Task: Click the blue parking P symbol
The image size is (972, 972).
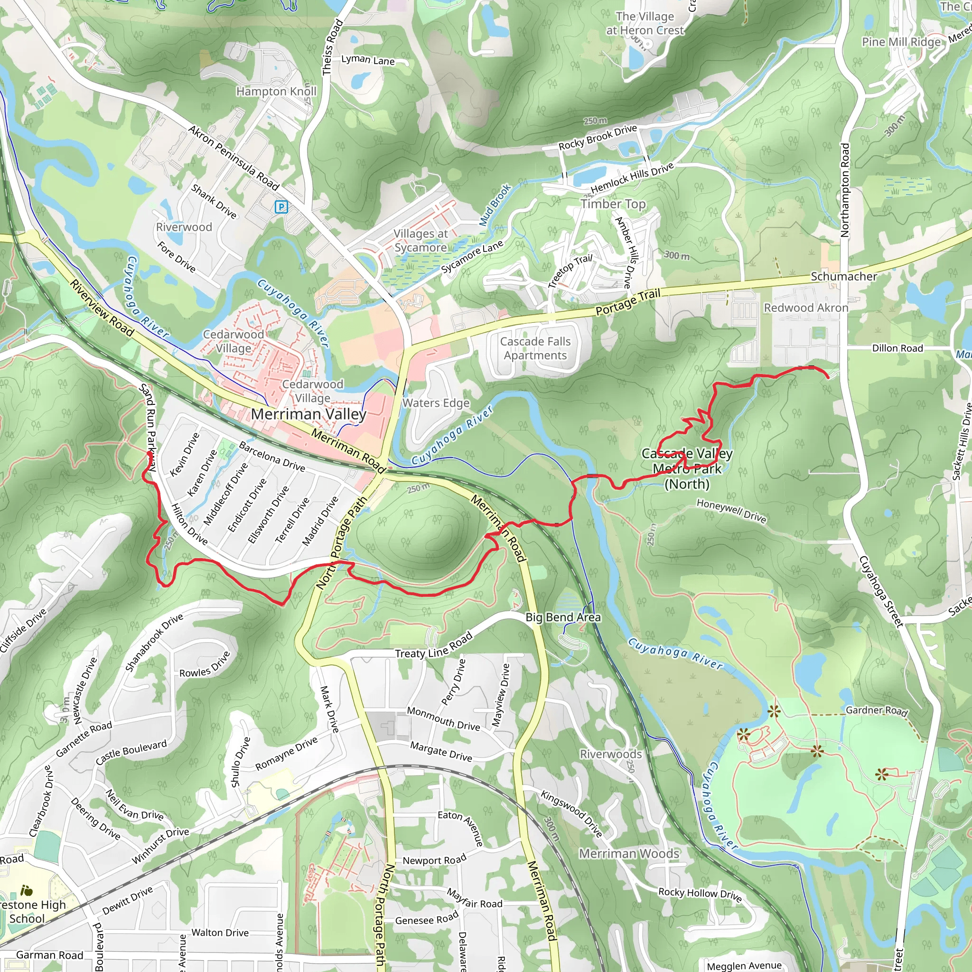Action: coord(281,207)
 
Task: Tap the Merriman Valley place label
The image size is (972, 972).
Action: coord(308,414)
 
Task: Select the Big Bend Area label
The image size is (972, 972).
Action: coord(563,617)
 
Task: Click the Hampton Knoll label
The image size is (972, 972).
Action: coord(276,92)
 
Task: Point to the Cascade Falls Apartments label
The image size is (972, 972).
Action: coord(535,348)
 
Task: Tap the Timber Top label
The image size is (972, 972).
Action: coord(613,204)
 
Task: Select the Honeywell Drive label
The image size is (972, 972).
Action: coord(731,511)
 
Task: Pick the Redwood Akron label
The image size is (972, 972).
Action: coord(805,308)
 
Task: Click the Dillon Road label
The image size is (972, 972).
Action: coord(897,348)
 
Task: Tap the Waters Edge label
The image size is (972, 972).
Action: coord(436,403)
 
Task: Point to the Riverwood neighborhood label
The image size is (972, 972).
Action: coord(184,227)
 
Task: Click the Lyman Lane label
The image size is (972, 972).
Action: coord(368,60)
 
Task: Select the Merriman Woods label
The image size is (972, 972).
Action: coord(629,854)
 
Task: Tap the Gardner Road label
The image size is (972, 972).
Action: coord(877,710)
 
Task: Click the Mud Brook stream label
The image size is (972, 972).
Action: coord(495,205)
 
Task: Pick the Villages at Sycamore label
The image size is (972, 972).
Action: coord(421,241)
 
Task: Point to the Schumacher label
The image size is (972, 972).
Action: coord(844,277)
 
